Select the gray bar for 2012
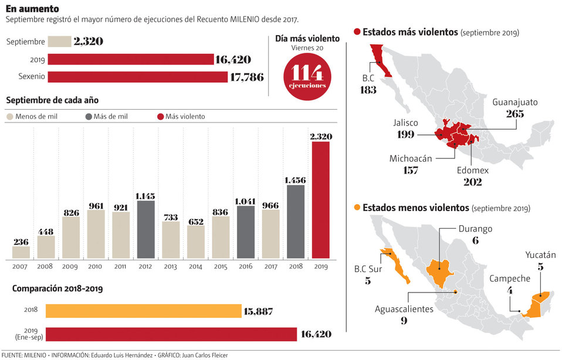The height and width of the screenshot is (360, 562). point(145,229)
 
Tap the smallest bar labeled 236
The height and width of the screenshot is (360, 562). point(21,252)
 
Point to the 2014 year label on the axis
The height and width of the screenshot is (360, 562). point(196,266)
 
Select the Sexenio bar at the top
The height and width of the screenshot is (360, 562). point(137,77)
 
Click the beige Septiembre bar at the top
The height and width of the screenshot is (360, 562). point(59,42)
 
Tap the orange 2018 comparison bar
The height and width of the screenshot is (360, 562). point(143,311)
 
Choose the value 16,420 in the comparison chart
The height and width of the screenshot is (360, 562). point(317,334)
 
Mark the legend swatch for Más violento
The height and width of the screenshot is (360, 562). point(160,117)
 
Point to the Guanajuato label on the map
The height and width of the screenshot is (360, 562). point(515,102)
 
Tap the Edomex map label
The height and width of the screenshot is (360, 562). point(473,170)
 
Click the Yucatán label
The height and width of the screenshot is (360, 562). point(540,254)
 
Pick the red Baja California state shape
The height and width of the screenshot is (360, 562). point(380,59)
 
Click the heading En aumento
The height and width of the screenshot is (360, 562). point(32,9)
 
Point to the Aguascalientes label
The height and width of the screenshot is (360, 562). point(404,309)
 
